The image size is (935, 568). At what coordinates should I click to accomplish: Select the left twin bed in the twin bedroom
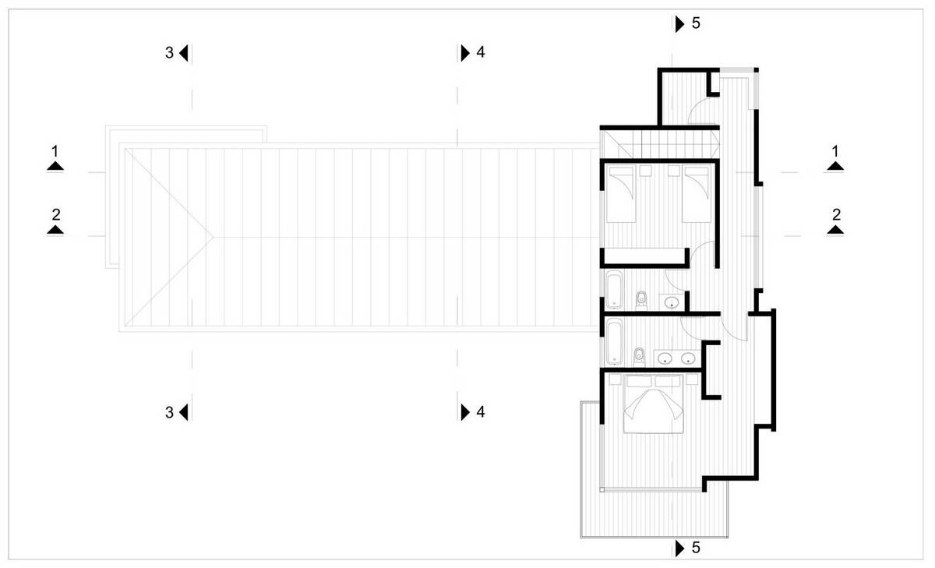coord(621,194)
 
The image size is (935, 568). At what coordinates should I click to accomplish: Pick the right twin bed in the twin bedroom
coord(697,194)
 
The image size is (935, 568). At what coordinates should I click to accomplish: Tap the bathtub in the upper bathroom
coord(614,290)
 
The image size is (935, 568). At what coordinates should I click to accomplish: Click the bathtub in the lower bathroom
coord(614,341)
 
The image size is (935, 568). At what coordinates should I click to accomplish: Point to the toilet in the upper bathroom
coord(641,301)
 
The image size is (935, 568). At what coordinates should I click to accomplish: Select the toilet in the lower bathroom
coord(639,358)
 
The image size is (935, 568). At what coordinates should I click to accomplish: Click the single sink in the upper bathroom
coord(672,302)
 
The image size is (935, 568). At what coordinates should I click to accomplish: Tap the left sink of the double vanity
coord(664,358)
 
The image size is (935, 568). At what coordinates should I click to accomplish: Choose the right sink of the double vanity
coord(688,358)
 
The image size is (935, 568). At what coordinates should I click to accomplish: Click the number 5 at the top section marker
coord(696,23)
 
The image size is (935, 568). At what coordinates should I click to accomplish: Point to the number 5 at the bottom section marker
coord(696,548)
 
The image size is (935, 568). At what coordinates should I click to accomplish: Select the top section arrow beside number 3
coord(184,53)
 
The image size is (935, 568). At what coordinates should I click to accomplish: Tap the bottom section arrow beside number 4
coord(465,412)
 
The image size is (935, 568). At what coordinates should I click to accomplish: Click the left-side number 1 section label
coord(55,150)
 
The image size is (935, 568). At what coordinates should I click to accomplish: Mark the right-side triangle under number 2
coord(835,230)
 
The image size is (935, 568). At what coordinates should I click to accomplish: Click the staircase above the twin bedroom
coord(660,144)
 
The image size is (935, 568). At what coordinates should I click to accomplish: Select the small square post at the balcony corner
coord(602,489)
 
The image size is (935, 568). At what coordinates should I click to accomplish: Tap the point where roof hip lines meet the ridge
coord(213,237)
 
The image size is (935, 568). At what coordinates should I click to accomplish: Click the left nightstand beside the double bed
coord(615,379)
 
